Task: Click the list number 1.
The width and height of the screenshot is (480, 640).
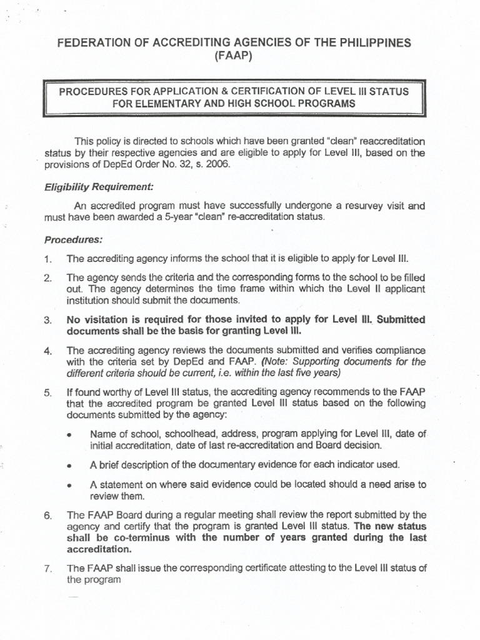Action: tap(47, 259)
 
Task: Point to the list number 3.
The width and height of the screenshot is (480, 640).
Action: tap(47, 320)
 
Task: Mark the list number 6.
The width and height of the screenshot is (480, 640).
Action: tap(47, 516)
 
